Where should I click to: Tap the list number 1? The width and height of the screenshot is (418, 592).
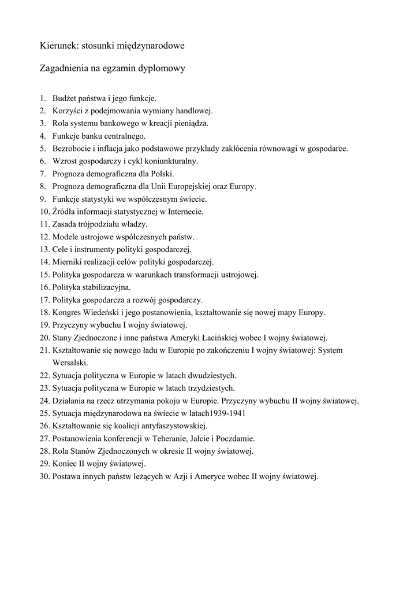[x=42, y=98]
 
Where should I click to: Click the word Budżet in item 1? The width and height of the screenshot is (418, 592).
[x=65, y=98]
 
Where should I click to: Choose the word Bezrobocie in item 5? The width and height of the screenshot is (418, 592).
[x=72, y=149]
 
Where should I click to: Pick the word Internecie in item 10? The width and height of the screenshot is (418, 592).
[x=184, y=212]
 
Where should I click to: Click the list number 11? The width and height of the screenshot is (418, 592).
[x=44, y=224]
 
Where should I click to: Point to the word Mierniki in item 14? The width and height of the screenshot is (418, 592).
[x=68, y=262]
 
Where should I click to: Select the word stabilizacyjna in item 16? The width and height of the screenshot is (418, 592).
[x=106, y=287]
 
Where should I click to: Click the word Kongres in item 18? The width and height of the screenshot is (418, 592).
[x=67, y=312]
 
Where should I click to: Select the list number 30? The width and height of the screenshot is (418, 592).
[x=44, y=476]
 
